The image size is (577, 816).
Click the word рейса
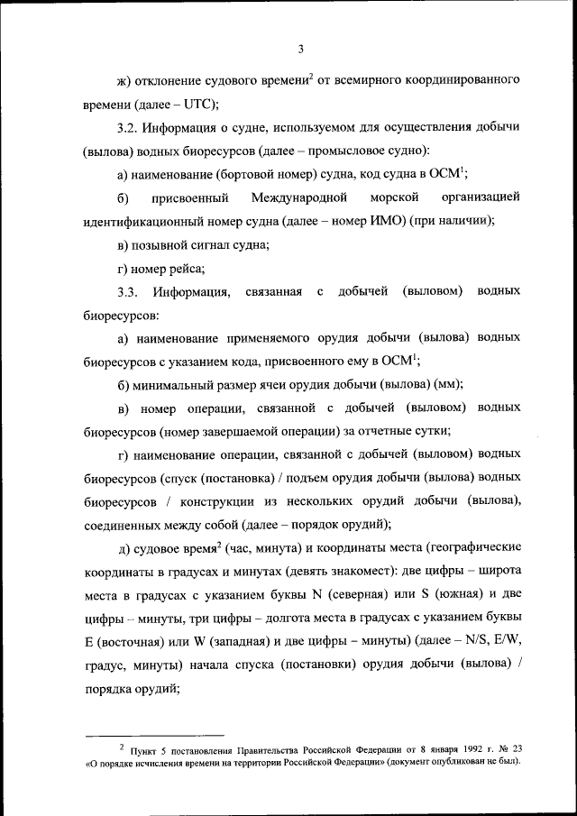[186, 268]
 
